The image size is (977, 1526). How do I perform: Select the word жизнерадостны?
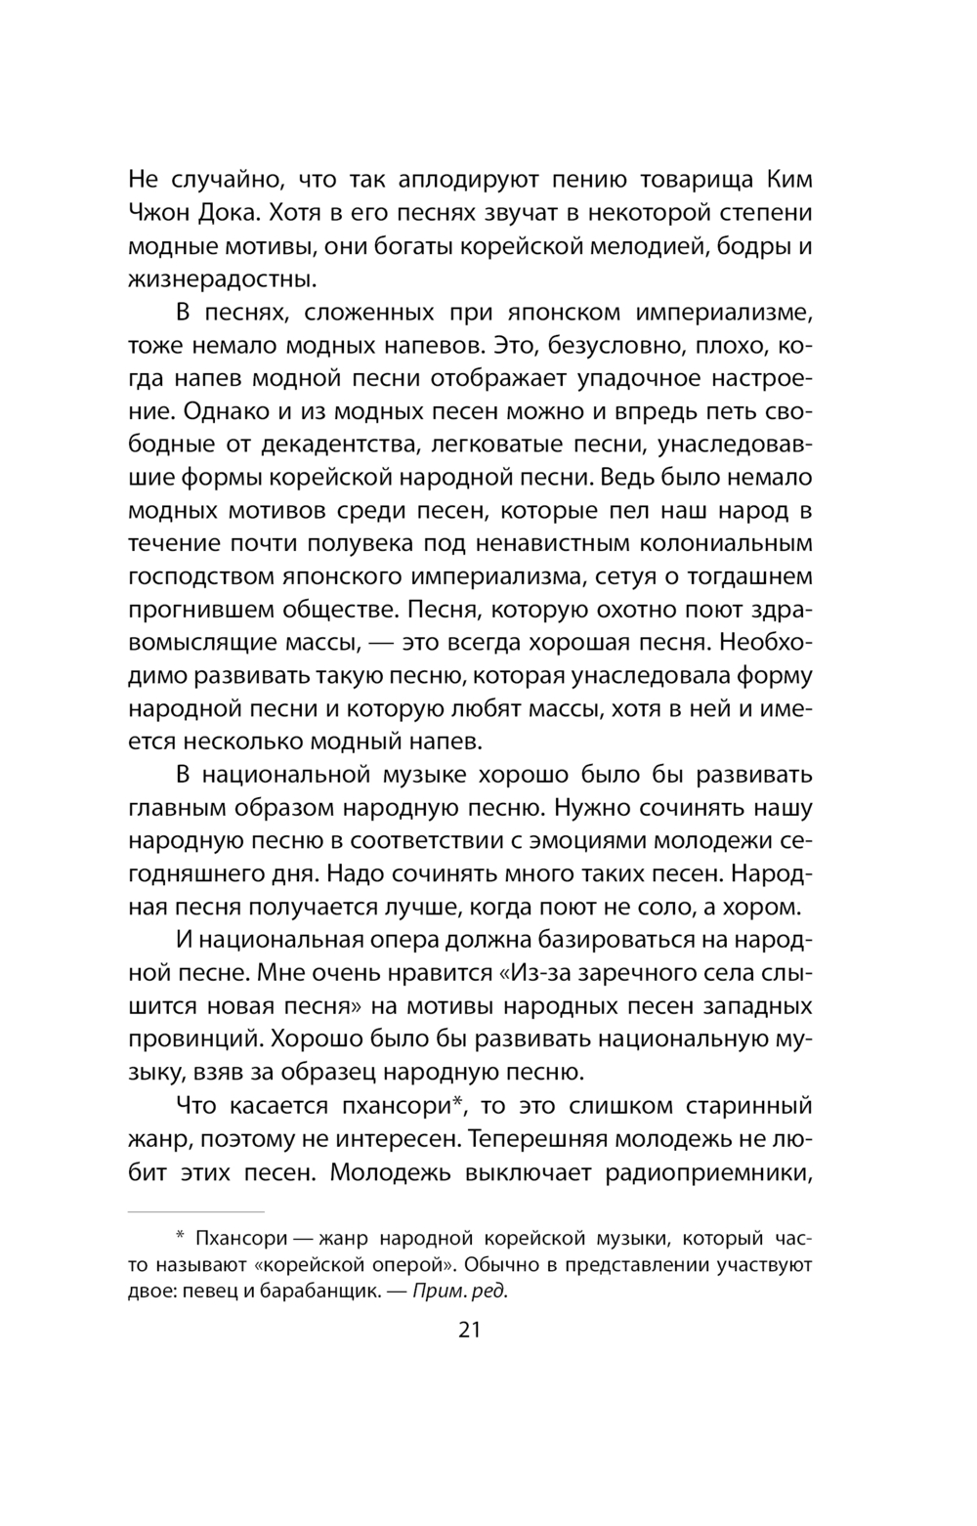(223, 279)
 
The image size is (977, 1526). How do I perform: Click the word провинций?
(193, 1038)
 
